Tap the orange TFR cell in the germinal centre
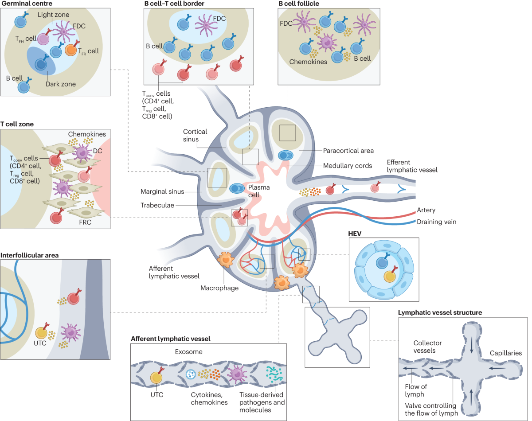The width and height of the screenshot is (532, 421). tap(72, 50)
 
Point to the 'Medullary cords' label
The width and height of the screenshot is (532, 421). tap(347, 166)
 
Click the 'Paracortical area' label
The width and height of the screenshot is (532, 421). tap(348, 151)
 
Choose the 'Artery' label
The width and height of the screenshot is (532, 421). tap(426, 210)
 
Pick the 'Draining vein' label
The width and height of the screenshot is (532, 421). tap(436, 221)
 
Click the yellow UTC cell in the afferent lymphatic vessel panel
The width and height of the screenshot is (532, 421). tap(156, 378)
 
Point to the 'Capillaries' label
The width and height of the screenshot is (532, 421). tap(505, 353)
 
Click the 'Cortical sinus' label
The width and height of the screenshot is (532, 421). tap(196, 136)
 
